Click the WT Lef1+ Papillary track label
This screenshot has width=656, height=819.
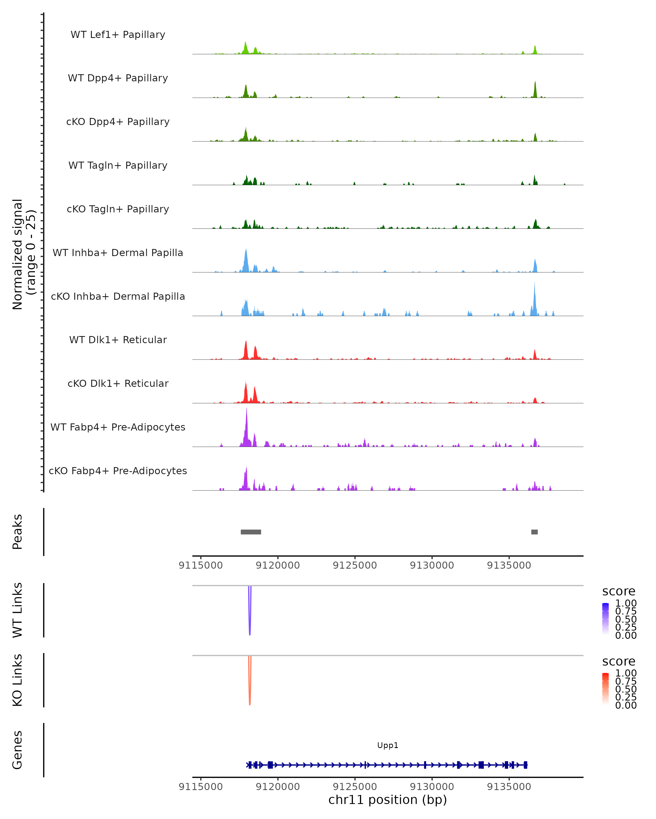(118, 35)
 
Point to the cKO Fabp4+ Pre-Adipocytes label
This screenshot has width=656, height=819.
(118, 471)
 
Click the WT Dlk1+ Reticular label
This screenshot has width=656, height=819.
(118, 340)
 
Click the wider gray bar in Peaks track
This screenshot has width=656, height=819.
(251, 532)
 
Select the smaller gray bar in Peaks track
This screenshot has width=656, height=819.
(534, 532)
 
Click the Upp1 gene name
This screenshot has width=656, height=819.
(388, 745)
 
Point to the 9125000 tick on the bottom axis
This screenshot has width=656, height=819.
(355, 787)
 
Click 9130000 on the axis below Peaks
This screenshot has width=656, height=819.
(432, 565)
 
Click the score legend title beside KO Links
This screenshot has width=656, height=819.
(619, 661)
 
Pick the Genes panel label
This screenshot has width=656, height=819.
(17, 750)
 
